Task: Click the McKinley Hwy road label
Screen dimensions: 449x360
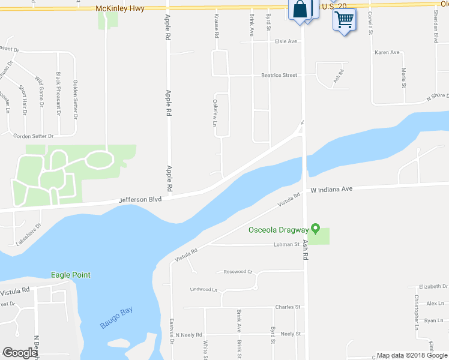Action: point(119,9)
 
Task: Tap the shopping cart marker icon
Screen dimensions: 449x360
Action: point(344,20)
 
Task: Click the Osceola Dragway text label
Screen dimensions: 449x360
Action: point(279,230)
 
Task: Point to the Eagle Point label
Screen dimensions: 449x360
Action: point(70,275)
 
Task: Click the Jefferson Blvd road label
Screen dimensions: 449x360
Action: point(140,199)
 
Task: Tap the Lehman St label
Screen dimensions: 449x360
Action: point(286,244)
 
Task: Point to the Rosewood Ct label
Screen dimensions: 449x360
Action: point(238,272)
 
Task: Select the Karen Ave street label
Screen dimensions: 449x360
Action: point(387,53)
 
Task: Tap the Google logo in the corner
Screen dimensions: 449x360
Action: point(20,353)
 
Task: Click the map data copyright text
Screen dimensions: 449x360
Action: point(411,355)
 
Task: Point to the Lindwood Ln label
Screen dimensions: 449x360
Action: point(203,289)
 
